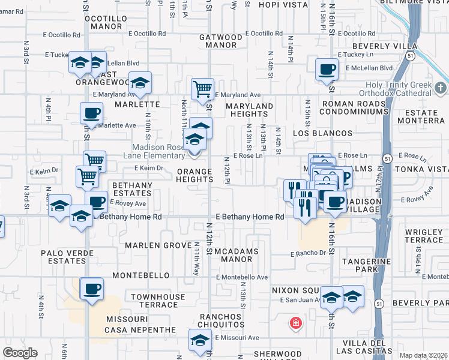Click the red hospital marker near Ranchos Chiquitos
(x=295, y=324)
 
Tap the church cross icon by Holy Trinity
(x=440, y=89)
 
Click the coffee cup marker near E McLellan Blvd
(x=327, y=70)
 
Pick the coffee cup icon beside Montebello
(x=92, y=289)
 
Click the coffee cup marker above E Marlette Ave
(x=91, y=112)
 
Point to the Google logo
(x=20, y=353)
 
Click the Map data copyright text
(x=423, y=355)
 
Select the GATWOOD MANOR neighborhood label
(x=221, y=41)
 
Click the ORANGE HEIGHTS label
(x=194, y=175)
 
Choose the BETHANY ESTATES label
(x=132, y=189)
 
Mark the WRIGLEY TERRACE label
(x=424, y=236)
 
